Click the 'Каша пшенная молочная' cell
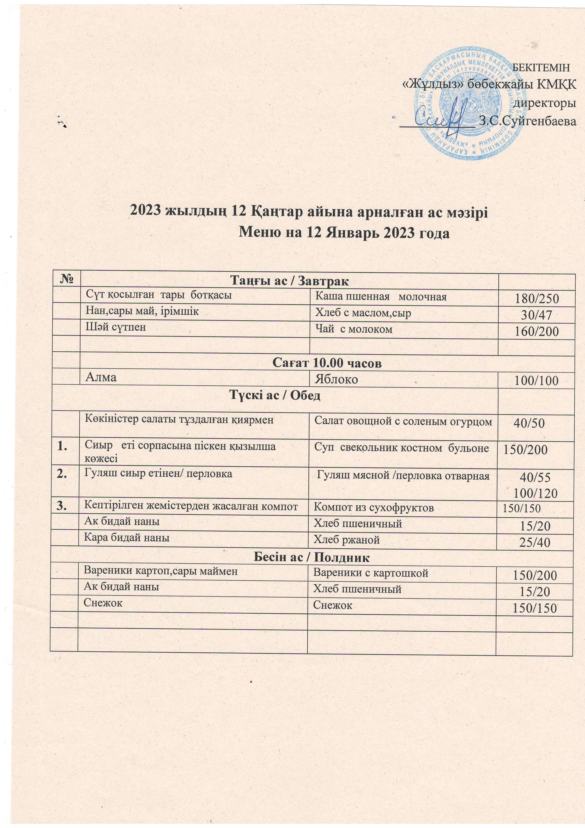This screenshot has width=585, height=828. click(x=381, y=297)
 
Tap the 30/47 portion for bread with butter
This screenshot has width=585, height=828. click(x=536, y=315)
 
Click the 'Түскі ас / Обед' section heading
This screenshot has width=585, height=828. click(x=275, y=396)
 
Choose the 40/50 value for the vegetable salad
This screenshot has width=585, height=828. click(x=529, y=423)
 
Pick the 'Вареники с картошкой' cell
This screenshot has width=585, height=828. click(x=371, y=573)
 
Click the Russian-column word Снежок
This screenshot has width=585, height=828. click(x=332, y=605)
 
